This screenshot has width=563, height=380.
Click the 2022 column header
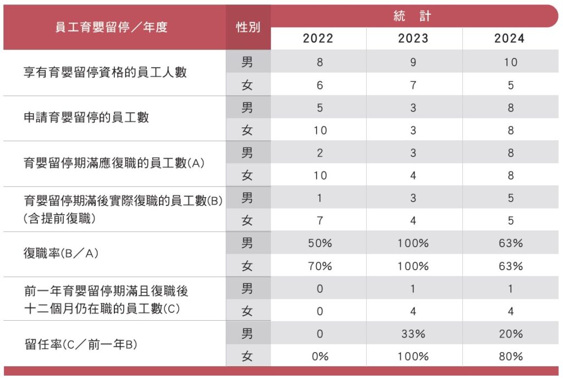click(318, 38)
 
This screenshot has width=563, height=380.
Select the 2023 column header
click(413, 38)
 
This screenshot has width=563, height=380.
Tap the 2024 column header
click(510, 38)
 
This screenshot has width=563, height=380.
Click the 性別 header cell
click(248, 27)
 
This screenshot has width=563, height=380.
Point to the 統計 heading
click(412, 16)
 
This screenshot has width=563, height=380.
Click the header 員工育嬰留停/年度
click(112, 27)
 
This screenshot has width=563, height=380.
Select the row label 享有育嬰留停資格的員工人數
click(105, 72)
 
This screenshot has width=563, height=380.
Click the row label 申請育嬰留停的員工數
click(86, 118)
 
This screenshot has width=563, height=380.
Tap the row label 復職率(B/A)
click(60, 254)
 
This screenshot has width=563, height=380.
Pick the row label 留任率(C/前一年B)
click(81, 345)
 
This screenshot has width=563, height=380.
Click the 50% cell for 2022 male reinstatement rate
click(319, 243)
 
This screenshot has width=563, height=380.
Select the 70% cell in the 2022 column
click(319, 266)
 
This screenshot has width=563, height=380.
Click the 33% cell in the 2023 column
click(413, 334)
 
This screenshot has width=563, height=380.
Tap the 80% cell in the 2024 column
click(510, 356)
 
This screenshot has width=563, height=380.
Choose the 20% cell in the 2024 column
click(510, 334)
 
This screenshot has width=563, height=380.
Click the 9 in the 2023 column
click(413, 62)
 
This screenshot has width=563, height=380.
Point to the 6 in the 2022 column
click(319, 85)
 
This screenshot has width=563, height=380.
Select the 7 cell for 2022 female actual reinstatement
click(319, 221)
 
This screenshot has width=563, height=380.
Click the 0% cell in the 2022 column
click(319, 356)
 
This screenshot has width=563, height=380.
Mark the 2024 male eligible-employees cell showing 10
click(510, 62)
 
